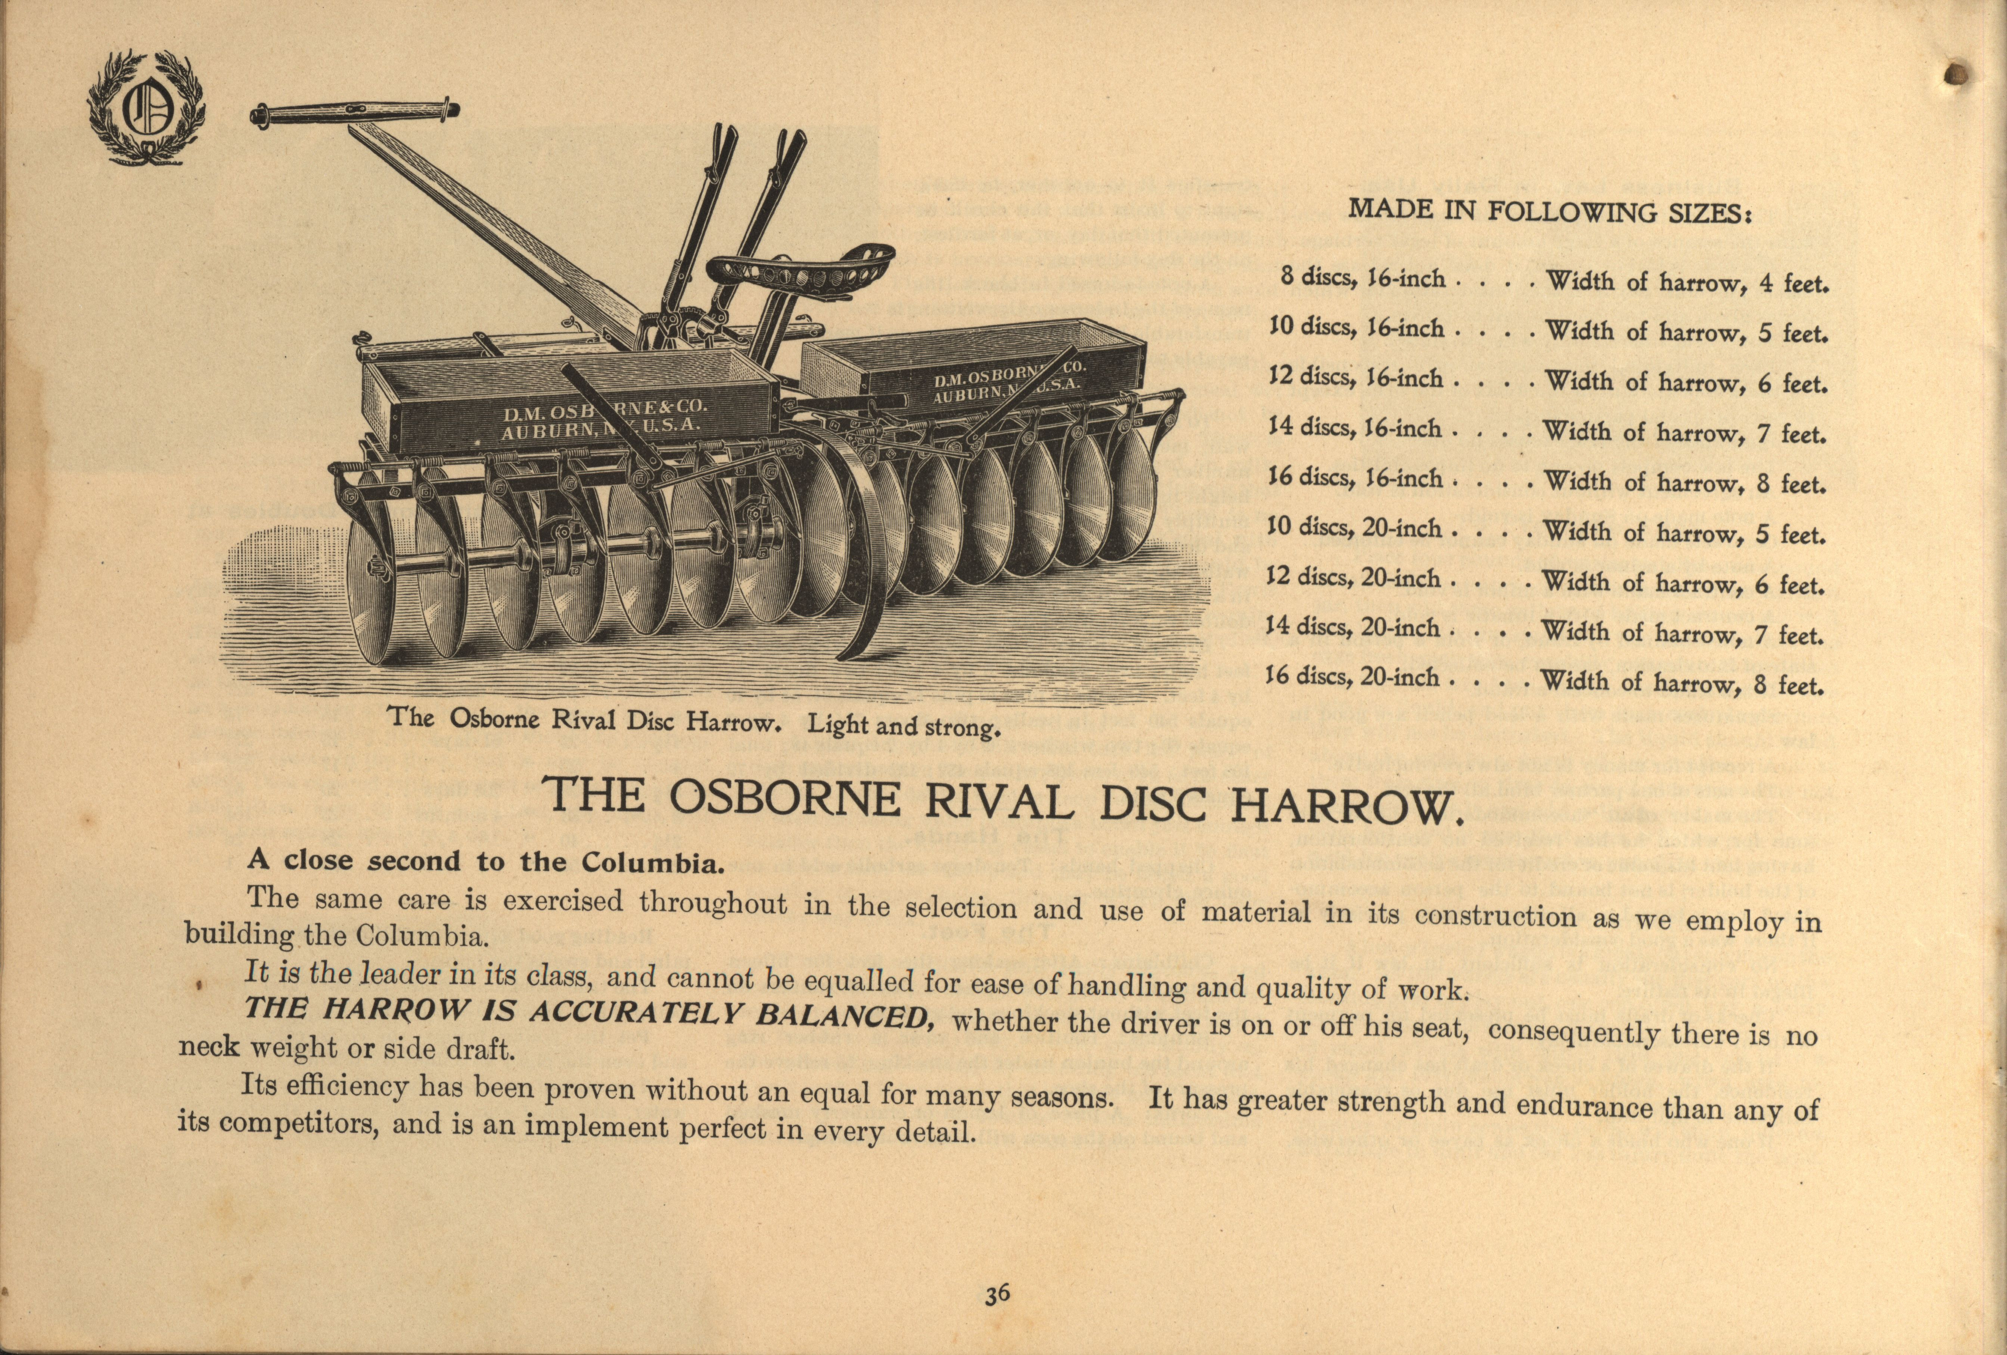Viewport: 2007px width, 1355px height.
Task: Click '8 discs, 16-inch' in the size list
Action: (1362, 279)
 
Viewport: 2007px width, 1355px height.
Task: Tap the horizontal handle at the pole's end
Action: (354, 115)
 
